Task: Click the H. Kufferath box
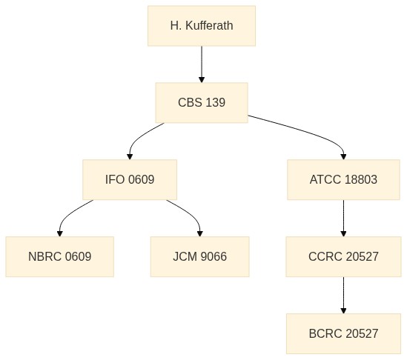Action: pyautogui.click(x=202, y=26)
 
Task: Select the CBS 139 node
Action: pyautogui.click(x=202, y=103)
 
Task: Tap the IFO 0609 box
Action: pyautogui.click(x=130, y=180)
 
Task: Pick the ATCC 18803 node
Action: pyautogui.click(x=343, y=180)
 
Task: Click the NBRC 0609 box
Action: pyautogui.click(x=60, y=256)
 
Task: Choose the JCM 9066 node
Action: pyautogui.click(x=200, y=256)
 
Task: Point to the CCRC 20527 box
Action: pyautogui.click(x=343, y=256)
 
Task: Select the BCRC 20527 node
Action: pyautogui.click(x=343, y=333)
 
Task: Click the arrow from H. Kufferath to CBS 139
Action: pyautogui.click(x=202, y=64)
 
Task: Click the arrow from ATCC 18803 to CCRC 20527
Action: pyautogui.click(x=343, y=218)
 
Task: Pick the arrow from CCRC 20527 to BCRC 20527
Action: pyautogui.click(x=343, y=295)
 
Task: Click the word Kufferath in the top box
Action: pyautogui.click(x=209, y=26)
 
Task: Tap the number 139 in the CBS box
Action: pyautogui.click(x=216, y=102)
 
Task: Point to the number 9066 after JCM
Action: pyautogui.click(x=214, y=256)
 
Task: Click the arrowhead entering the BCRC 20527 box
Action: pyautogui.click(x=343, y=310)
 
